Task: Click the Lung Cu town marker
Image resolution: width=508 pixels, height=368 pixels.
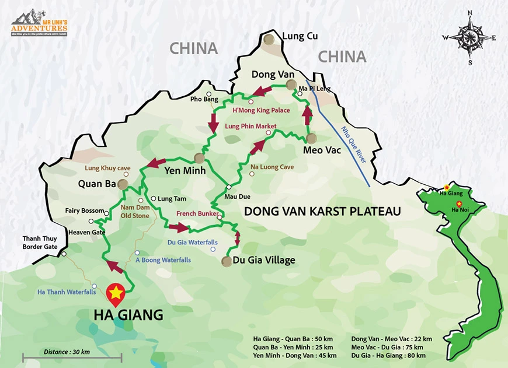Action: pyautogui.click(x=269, y=39)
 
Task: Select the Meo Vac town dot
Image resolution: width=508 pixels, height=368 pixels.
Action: pyautogui.click(x=311, y=138)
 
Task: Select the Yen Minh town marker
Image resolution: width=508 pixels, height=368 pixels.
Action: pyautogui.click(x=199, y=158)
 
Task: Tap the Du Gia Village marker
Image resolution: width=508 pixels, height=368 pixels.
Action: pyautogui.click(x=226, y=261)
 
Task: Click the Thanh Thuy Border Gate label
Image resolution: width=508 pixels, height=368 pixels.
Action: pyautogui.click(x=40, y=243)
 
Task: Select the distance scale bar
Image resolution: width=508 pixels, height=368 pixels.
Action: pyautogui.click(x=72, y=358)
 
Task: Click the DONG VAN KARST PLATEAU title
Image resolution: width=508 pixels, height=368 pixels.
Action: pyautogui.click(x=322, y=212)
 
